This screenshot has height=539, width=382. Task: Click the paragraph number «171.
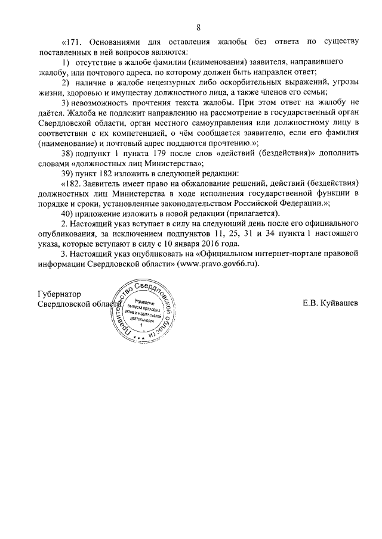click(x=74, y=41)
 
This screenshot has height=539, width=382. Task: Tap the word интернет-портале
click(x=268, y=254)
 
